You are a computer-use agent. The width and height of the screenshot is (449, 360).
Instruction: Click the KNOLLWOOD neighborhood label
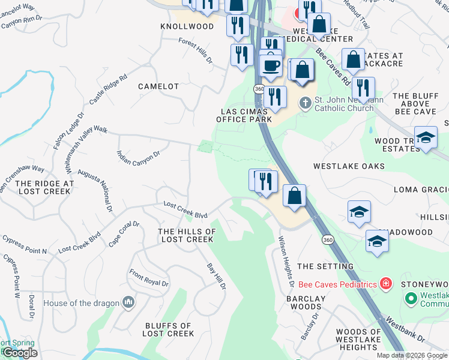pyautogui.click(x=187, y=27)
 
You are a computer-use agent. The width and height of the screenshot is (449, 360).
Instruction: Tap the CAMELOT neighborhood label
pyautogui.click(x=158, y=86)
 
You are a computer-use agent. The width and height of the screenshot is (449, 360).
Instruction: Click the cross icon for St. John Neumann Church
pyautogui.click(x=306, y=103)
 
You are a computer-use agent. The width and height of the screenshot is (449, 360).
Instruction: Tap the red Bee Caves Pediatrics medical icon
pyautogui.click(x=386, y=283)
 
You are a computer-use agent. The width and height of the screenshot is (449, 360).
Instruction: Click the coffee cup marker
pyautogui.click(x=271, y=65)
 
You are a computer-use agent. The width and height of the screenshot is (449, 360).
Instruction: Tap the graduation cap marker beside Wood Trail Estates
pyautogui.click(x=426, y=139)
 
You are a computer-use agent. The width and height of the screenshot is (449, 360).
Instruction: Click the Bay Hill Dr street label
pyautogui.click(x=216, y=277)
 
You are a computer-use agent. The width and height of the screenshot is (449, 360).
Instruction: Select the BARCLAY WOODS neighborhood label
pyautogui.click(x=305, y=302)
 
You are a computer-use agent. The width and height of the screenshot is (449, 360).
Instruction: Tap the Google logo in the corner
pyautogui.click(x=20, y=353)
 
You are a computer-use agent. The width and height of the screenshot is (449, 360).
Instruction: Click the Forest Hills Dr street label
pyautogui.click(x=196, y=50)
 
